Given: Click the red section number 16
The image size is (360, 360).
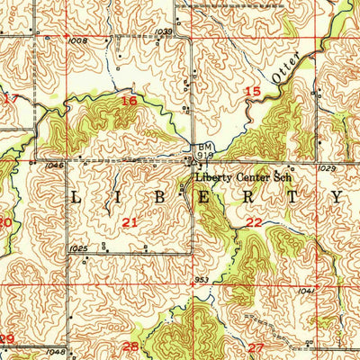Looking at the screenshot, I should point(130,102).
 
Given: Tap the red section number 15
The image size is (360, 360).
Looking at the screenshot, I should point(254,92).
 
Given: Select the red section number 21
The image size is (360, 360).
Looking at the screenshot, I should point(130,221).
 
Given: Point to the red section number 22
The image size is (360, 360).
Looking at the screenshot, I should point(254,222).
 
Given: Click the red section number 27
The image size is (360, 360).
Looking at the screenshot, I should point(256,346).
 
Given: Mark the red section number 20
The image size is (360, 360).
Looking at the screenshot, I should point(4,222).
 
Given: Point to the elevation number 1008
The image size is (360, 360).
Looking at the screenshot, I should point(77,40).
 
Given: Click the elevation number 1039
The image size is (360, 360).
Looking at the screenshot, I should point(163,31).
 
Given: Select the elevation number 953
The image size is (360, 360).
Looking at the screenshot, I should point(200,280).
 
